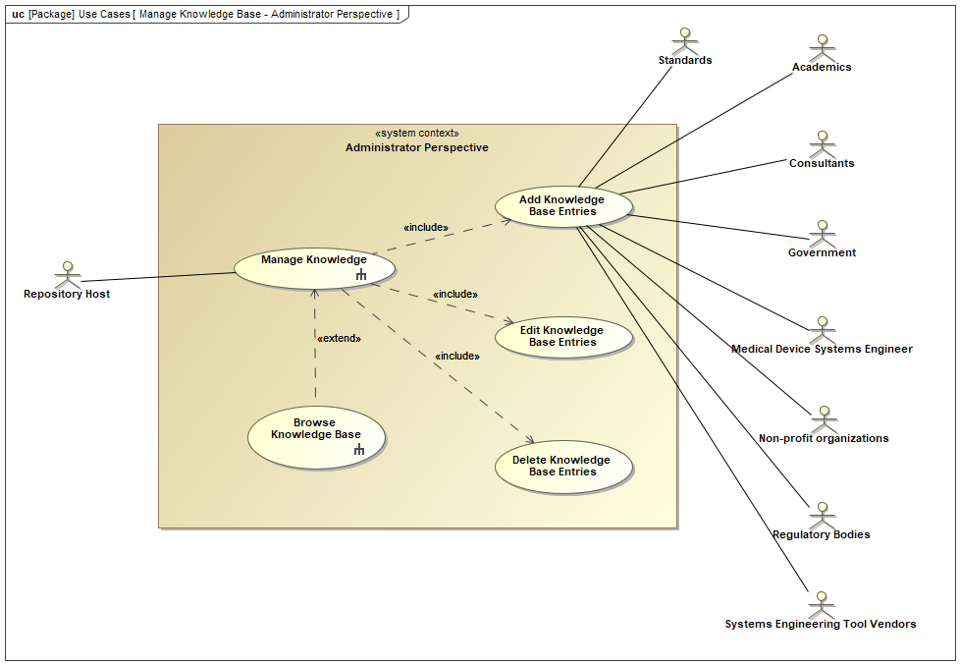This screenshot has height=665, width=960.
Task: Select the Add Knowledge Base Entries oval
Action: (562, 205)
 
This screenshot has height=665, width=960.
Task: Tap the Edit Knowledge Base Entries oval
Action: (562, 337)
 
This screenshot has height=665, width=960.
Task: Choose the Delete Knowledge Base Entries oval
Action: (562, 467)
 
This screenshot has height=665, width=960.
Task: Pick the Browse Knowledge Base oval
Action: (315, 436)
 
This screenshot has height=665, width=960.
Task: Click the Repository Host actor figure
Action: (67, 274)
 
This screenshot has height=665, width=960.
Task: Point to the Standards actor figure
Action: (684, 40)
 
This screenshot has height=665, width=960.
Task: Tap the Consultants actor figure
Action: (822, 143)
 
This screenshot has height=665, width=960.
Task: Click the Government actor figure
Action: (822, 233)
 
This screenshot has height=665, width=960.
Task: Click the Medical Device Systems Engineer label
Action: (822, 349)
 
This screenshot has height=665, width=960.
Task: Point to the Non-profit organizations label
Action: (824, 438)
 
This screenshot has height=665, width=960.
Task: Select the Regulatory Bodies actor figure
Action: (822, 515)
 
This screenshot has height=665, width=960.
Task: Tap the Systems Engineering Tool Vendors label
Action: (821, 624)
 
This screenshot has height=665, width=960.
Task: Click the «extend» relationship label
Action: (339, 338)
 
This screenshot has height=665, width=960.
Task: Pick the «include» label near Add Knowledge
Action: (426, 228)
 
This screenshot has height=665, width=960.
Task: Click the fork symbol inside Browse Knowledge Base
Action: (359, 450)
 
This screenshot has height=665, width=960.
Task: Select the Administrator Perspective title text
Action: (416, 147)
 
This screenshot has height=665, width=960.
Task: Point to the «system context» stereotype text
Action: (416, 134)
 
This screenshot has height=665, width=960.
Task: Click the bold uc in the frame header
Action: (18, 15)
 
